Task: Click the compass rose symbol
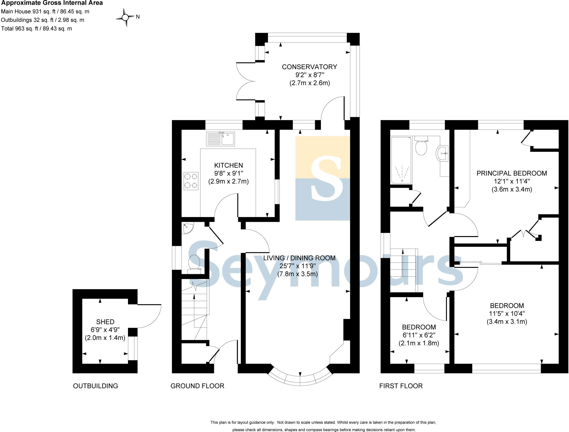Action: point(125,18)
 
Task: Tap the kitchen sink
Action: point(220,139)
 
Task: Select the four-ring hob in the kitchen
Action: point(191,181)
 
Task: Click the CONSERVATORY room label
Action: point(309,67)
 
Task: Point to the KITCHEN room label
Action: point(228,165)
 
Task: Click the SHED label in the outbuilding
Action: point(105,322)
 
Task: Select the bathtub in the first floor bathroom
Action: point(401,160)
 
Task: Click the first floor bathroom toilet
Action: point(421,146)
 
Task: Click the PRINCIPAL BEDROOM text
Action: point(512,173)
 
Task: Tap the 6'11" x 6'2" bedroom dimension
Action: point(419,335)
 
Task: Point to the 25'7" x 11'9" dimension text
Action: point(298,266)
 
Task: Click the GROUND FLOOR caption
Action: point(197,386)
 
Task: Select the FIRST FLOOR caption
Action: point(401,386)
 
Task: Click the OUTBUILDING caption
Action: point(95,386)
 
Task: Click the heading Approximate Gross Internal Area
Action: point(52,3)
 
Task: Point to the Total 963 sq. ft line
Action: point(36,29)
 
